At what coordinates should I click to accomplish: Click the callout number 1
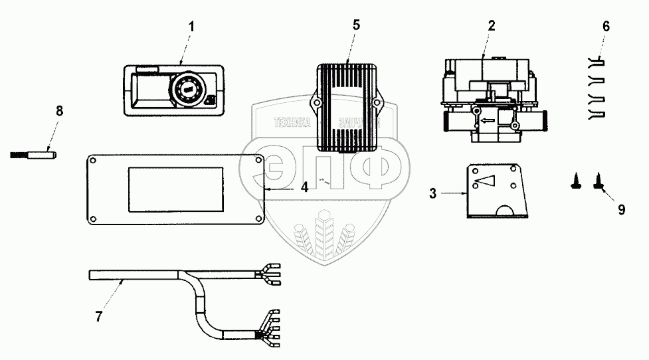tap(192, 27)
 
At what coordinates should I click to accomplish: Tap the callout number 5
tap(356, 25)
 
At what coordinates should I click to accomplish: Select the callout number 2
tap(492, 27)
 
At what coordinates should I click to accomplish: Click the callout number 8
tap(59, 111)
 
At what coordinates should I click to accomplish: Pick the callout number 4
tap(304, 188)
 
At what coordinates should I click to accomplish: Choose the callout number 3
tap(432, 194)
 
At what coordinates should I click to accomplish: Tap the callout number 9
tap(622, 210)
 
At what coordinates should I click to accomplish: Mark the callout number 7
tap(98, 317)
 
